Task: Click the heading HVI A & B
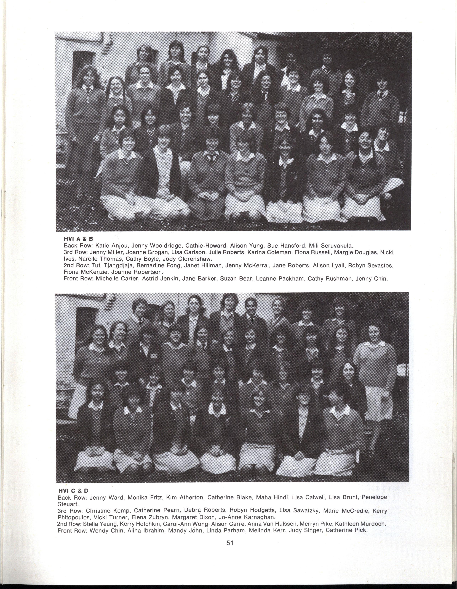78,239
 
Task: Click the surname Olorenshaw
197,259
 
